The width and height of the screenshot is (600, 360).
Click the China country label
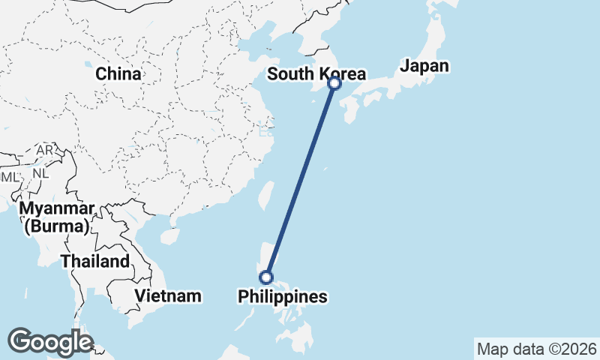pyautogui.click(x=118, y=74)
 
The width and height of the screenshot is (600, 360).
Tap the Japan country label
pyautogui.click(x=424, y=66)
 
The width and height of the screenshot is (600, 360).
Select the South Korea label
pyautogui.click(x=316, y=74)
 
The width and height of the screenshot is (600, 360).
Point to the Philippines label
pyautogui.click(x=283, y=297)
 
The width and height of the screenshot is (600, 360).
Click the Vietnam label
pyautogui.click(x=168, y=295)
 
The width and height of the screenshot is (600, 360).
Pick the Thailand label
pyautogui.click(x=95, y=262)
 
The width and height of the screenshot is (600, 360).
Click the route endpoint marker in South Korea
pyautogui.click(x=334, y=84)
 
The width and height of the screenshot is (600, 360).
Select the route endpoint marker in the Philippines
pyautogui.click(x=265, y=277)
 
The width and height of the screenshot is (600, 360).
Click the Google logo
pyautogui.click(x=50, y=342)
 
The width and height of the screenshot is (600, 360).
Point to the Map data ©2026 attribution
pyautogui.click(x=537, y=349)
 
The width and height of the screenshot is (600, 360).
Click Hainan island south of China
pyautogui.click(x=170, y=236)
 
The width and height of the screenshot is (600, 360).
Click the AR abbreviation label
pyautogui.click(x=45, y=151)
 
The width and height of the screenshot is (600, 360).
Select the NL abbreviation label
pyautogui.click(x=40, y=172)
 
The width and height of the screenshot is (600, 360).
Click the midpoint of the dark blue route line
pyautogui.click(x=300, y=181)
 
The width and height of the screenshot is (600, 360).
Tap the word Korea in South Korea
pyautogui.click(x=341, y=74)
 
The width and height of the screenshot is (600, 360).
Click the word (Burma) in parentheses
pyautogui.click(x=57, y=225)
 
